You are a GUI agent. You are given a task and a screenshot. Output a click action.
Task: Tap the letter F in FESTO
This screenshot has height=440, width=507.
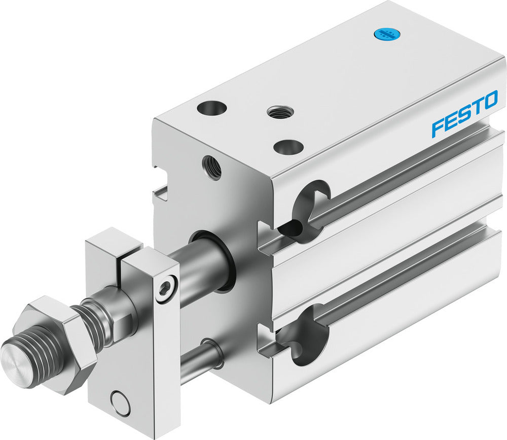click(437, 128)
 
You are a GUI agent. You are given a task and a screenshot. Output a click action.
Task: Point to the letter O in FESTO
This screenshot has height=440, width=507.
click(489, 100)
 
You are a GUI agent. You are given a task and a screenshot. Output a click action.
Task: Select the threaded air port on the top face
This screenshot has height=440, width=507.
click(277, 111)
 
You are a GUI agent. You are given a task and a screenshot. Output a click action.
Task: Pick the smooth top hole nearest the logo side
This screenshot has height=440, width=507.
click(288, 147)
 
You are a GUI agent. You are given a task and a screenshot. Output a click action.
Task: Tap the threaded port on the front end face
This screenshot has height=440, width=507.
click(212, 167)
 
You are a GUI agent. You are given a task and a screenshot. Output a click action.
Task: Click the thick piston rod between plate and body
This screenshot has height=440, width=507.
click(200, 268)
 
